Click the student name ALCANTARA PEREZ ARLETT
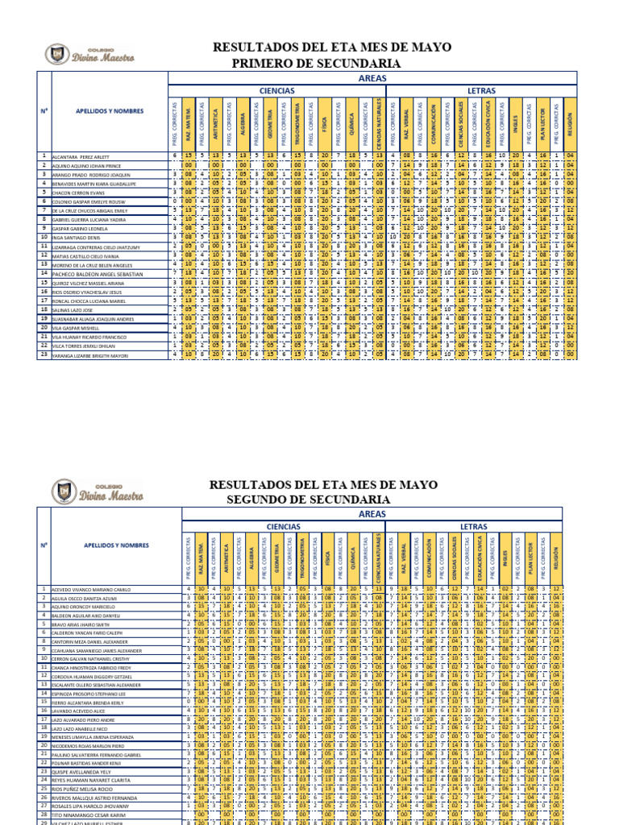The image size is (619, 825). [81, 156]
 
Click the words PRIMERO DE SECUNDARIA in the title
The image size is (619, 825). [316, 63]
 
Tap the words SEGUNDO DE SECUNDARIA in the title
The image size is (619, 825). [308, 500]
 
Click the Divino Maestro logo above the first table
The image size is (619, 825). [89, 55]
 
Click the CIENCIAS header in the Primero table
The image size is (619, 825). [276, 91]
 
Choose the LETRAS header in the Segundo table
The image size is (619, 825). [473, 526]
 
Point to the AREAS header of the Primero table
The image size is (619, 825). [372, 78]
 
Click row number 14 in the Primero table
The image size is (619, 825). [44, 274]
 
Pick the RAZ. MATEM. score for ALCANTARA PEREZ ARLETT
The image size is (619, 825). [187, 156]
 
